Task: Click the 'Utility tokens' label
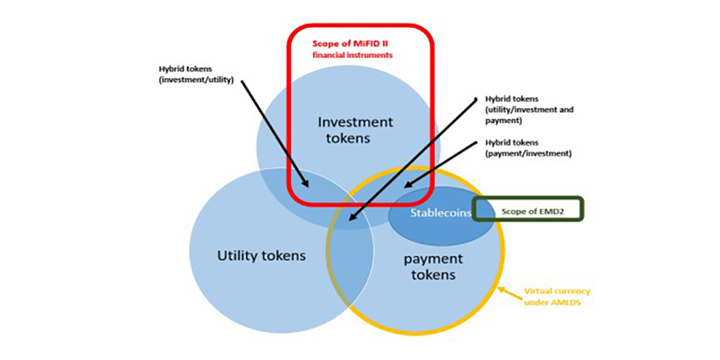(x=261, y=256)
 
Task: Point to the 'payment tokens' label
(x=433, y=267)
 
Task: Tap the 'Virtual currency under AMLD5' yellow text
(x=557, y=296)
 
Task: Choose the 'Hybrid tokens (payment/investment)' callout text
(x=526, y=148)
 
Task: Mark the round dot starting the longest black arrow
(x=475, y=99)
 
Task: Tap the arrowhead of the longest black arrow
(x=350, y=224)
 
